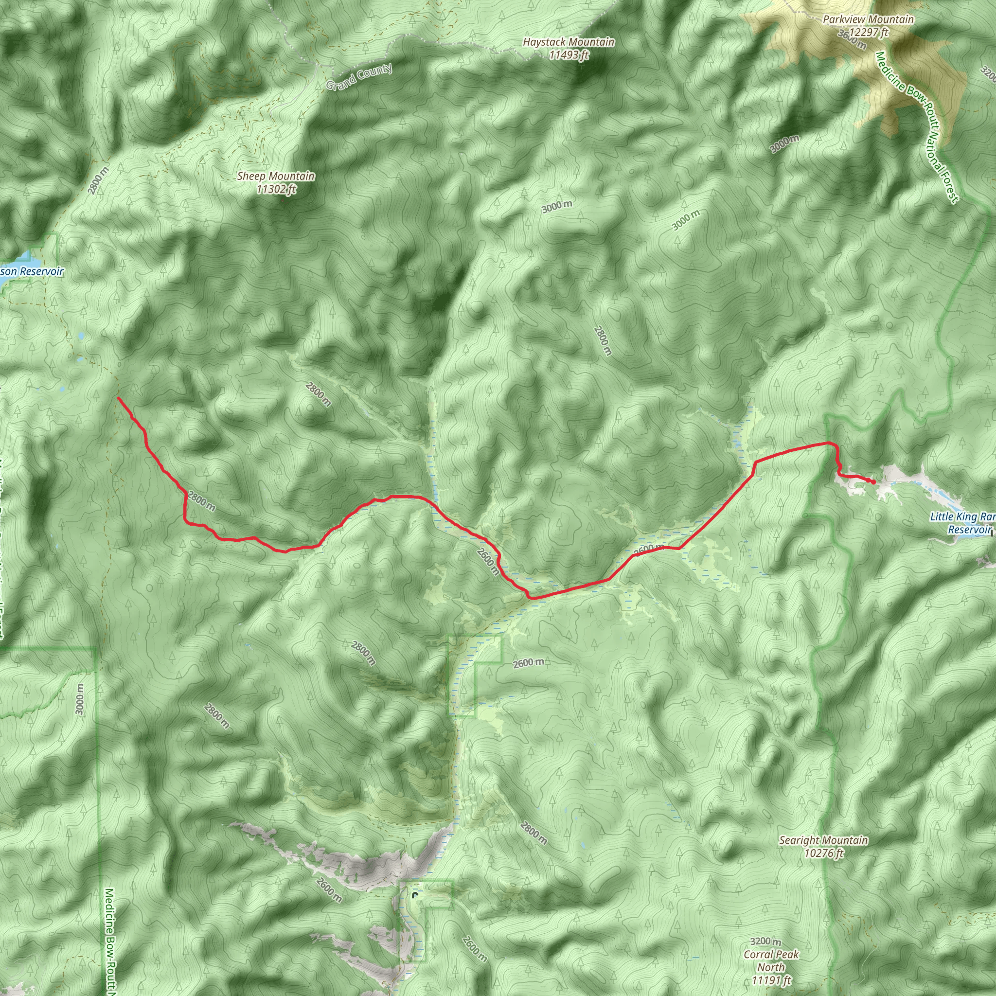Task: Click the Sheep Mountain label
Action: pos(276,177)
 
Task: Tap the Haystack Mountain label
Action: pos(568,42)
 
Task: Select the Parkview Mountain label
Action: pos(868,19)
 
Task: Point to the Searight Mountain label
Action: pos(823,841)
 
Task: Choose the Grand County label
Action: pos(359,77)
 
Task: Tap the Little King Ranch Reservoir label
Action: pos(962,523)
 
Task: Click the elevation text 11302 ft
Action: pos(276,189)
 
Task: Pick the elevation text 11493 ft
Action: pos(568,54)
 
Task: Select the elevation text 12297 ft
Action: pos(869,33)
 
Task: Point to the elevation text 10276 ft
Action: pos(823,853)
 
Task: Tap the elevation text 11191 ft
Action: pos(771,980)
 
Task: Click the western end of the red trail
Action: pos(119,398)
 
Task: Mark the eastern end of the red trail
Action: pos(874,482)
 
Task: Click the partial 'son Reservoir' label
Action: pos(32,271)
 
